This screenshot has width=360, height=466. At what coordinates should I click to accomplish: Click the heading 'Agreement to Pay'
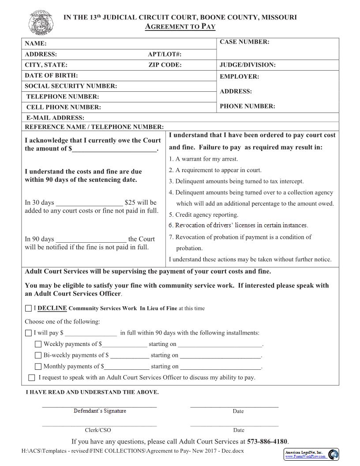point(180,26)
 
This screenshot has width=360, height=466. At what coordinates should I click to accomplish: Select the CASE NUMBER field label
point(244,42)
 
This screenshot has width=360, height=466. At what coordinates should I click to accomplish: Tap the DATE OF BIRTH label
point(51,75)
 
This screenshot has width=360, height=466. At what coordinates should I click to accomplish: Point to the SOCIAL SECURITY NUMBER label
point(71,86)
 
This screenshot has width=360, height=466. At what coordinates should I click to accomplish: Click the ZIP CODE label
point(165,65)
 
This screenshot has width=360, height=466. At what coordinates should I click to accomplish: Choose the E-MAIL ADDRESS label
point(55,118)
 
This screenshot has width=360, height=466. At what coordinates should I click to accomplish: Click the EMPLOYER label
point(240,76)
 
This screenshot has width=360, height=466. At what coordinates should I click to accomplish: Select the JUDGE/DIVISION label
point(247,65)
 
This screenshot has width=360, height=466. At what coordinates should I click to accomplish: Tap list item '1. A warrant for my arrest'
point(203,159)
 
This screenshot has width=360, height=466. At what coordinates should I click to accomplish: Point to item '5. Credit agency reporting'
point(203,215)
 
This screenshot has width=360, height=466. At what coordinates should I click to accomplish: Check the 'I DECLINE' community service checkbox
point(29,308)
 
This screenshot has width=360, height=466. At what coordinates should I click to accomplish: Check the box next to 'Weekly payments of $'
point(38,344)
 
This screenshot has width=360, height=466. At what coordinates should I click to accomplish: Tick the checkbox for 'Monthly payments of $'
point(38,367)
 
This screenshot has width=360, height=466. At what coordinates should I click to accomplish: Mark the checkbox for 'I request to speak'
point(32,378)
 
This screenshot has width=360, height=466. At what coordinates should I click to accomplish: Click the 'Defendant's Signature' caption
point(100,411)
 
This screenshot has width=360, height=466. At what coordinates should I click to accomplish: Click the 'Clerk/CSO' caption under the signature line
point(98,430)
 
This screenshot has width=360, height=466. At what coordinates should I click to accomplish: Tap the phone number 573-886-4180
point(267,441)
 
